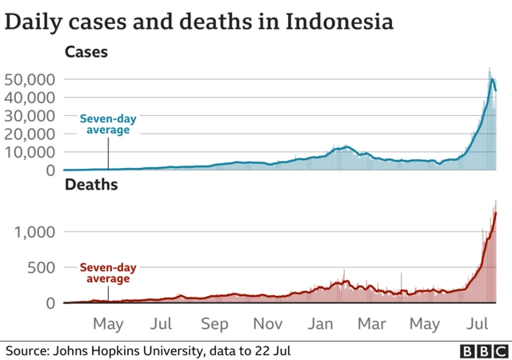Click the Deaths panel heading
click(x=91, y=186)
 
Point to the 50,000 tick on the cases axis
click(x=29, y=79)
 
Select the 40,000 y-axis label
click(x=29, y=98)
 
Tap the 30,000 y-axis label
click(x=29, y=116)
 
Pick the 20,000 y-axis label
click(x=29, y=134)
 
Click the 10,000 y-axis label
click(x=29, y=152)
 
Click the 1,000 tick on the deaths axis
click(x=34, y=232)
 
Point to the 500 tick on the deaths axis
click(x=39, y=267)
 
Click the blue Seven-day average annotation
click(x=108, y=125)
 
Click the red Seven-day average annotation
click(x=108, y=273)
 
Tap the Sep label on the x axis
click(x=214, y=324)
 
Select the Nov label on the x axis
click(x=268, y=324)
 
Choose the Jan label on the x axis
click(x=320, y=324)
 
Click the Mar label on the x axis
click(x=371, y=324)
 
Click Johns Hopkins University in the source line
click(x=122, y=350)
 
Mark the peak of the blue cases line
click(x=492, y=78)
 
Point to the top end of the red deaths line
click(x=496, y=213)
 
